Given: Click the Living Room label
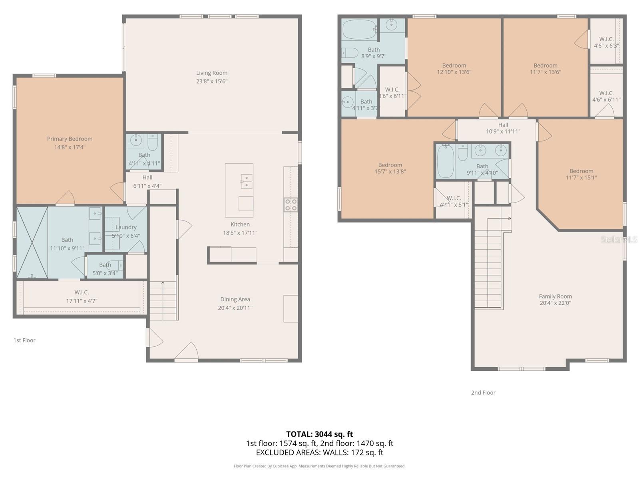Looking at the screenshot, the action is pyautogui.click(x=212, y=73).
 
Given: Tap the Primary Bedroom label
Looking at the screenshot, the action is pyautogui.click(x=70, y=139).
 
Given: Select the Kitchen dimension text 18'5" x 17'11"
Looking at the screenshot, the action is pyautogui.click(x=240, y=233).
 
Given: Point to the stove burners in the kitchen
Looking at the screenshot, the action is pyautogui.click(x=291, y=205).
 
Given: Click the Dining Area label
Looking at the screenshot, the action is pyautogui.click(x=235, y=299).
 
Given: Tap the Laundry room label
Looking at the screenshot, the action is pyautogui.click(x=126, y=227).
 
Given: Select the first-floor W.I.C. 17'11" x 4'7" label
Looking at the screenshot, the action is pyautogui.click(x=82, y=296).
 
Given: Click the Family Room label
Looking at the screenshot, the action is pyautogui.click(x=555, y=296).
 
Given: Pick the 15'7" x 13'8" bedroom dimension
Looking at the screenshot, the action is pyautogui.click(x=390, y=172).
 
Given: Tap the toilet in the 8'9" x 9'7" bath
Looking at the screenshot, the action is pyautogui.click(x=350, y=53).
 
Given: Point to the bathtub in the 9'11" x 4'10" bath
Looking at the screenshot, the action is pyautogui.click(x=446, y=161).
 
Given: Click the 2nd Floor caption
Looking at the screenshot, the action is pyautogui.click(x=483, y=393).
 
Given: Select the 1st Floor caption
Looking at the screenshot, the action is pyautogui.click(x=24, y=340).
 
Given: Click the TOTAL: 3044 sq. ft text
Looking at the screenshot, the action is pyautogui.click(x=319, y=434).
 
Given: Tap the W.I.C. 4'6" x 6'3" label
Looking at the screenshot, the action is pyautogui.click(x=606, y=42).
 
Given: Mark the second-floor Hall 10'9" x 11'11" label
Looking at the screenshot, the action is pyautogui.click(x=503, y=128).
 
